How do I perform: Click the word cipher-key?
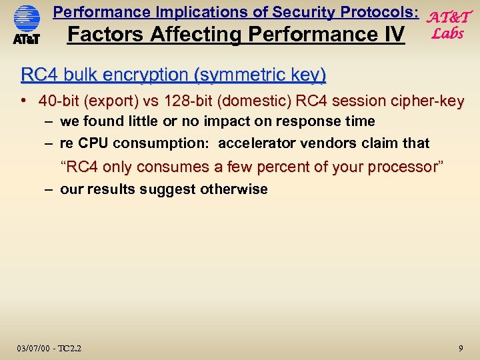coord(426,101)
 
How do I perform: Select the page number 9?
coord(461,347)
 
